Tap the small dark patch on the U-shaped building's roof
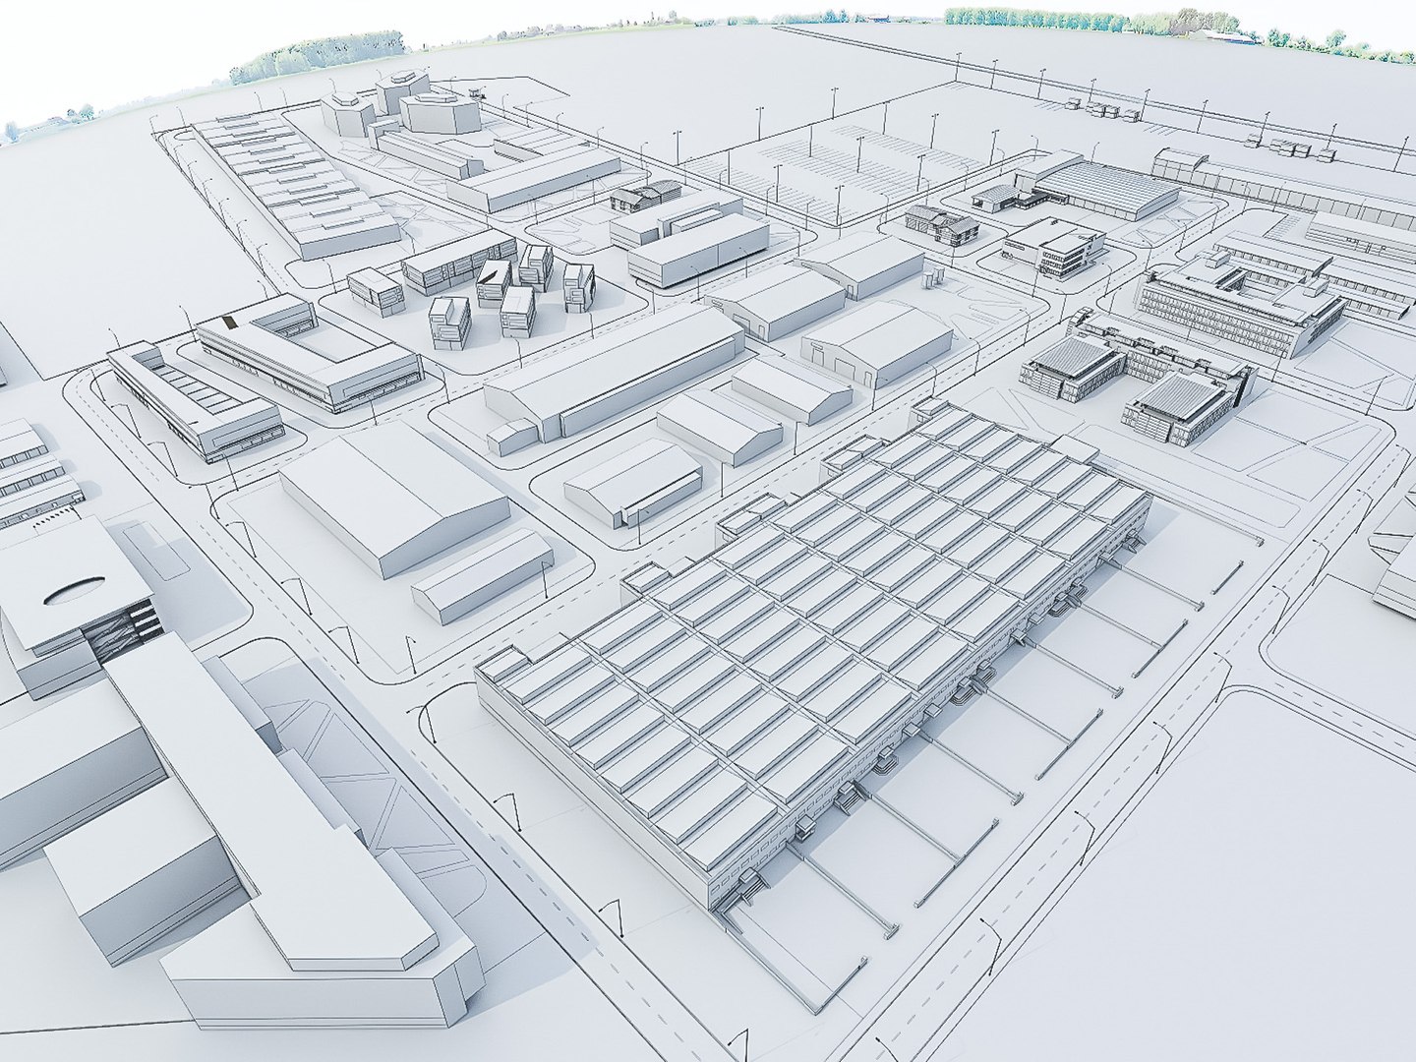point(230,322)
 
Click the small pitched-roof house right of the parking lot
point(939,224)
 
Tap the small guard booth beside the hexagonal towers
point(478,93)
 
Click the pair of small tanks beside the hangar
point(511,438)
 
